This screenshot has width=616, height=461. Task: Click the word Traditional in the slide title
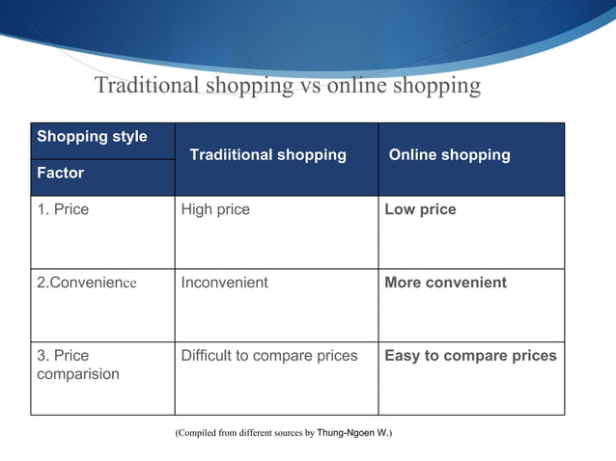(147, 86)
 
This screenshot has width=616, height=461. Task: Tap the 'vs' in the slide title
(311, 86)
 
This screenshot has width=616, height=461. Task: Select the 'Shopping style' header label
(92, 136)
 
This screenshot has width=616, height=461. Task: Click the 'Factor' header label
(60, 173)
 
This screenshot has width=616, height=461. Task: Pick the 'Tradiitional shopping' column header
(267, 154)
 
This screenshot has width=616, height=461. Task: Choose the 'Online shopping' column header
(449, 154)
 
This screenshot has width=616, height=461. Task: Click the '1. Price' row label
(63, 209)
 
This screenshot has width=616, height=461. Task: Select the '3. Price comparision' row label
(78, 365)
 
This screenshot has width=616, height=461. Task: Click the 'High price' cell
(215, 209)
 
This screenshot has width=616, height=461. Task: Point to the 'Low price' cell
(420, 209)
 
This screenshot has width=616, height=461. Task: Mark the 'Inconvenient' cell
(225, 283)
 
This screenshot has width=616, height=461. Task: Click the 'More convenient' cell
(445, 283)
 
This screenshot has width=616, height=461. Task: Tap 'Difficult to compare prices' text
(269, 355)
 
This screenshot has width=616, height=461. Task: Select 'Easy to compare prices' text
(470, 355)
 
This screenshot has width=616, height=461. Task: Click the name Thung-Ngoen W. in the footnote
(354, 433)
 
